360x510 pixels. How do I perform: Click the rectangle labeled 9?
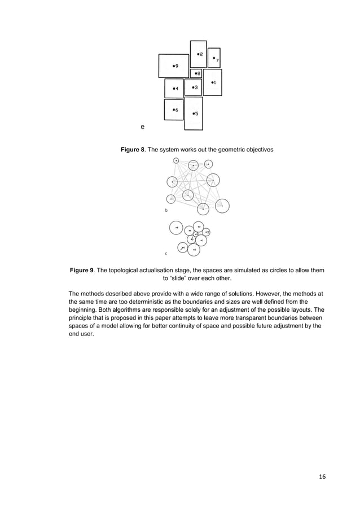point(174,66)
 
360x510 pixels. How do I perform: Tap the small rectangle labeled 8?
point(196,73)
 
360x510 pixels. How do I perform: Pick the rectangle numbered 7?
point(214,58)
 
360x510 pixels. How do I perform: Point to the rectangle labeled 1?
point(212,82)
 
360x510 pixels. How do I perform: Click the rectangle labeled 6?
point(174,110)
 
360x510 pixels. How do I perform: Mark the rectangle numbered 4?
point(174,88)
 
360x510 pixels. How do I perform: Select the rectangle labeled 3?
point(193,88)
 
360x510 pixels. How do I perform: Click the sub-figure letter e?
point(142,127)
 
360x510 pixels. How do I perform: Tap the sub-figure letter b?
point(166,210)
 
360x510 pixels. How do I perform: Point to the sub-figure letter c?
point(166,254)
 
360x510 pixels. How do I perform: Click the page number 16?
point(322,477)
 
